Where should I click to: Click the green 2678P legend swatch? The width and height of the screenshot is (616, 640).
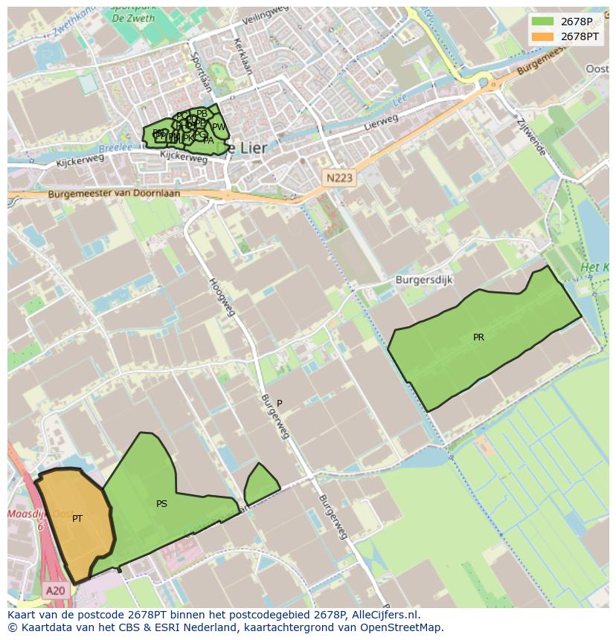[543, 21]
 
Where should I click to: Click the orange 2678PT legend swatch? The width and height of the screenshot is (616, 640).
[543, 36]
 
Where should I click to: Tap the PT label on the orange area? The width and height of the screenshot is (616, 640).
[77, 519]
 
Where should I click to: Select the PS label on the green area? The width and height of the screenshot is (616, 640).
[161, 504]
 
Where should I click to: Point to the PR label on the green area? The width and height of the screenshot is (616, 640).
[478, 337]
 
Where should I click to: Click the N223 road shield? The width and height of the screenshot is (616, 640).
[340, 178]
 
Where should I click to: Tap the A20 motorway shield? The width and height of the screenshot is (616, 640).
[55, 591]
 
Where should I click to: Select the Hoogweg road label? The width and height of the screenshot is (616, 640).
[222, 296]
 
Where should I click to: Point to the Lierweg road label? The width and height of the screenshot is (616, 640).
[381, 123]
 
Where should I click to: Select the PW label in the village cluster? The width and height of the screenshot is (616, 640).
[219, 127]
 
